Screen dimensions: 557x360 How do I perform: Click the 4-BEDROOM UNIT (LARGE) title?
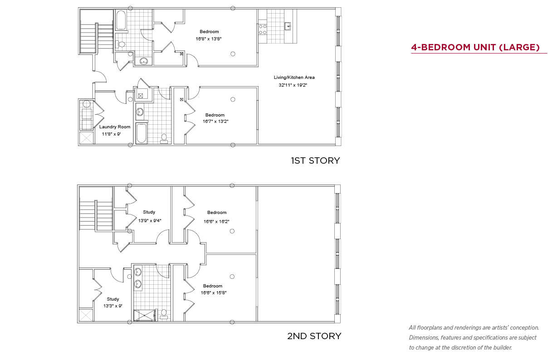pos(475,47)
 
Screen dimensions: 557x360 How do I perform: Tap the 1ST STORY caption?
pos(315,161)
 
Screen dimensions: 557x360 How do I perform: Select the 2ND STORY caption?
pos(314,336)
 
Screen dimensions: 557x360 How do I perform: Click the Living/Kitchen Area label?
pos(294,78)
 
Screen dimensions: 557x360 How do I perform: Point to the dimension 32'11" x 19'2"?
pos(293,85)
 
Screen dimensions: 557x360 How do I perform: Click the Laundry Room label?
pos(115,127)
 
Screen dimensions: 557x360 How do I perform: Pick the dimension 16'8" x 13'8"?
pos(208,39)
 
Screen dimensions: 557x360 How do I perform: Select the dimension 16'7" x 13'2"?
pos(215,122)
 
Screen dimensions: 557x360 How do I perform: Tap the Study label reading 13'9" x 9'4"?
pos(149,212)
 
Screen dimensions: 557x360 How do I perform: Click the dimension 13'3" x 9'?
pos(113,306)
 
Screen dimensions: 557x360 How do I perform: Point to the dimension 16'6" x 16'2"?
pos(216,221)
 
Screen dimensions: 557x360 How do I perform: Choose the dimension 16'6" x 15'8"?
pos(214,292)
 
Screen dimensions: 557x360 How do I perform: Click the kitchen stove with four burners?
pos(263,29)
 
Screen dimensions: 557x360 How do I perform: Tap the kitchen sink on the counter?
pos(288,26)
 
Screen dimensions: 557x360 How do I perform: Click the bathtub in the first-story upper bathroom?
pos(121,20)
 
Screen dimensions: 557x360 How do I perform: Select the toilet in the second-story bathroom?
pos(164,314)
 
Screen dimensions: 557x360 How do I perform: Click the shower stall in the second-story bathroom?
pos(145,315)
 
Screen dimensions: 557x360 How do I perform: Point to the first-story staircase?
pos(97,38)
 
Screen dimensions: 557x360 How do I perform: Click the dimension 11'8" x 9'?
pos(112,134)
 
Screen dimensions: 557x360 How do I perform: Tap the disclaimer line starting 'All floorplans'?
pos(474,328)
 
